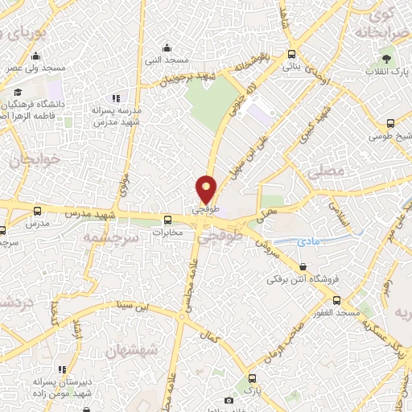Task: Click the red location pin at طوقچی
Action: click(x=207, y=190)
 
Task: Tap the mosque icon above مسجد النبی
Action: click(x=167, y=48)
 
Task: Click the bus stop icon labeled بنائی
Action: click(x=291, y=55)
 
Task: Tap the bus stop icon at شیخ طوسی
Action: click(x=390, y=123)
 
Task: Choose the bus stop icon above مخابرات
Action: click(x=168, y=220)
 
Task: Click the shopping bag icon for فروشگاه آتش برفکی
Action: click(x=303, y=266)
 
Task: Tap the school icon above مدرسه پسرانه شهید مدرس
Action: click(x=116, y=97)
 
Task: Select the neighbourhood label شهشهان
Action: click(x=132, y=352)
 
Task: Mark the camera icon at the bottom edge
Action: click(x=229, y=400)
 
